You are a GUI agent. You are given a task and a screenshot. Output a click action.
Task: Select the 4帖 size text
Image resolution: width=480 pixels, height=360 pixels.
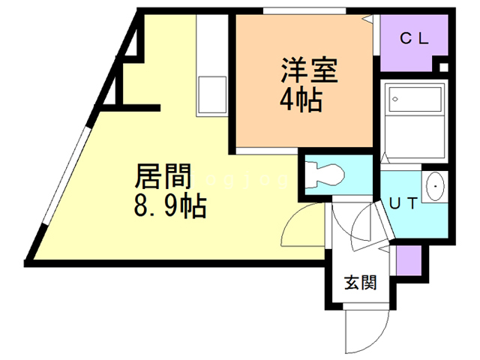(303, 100)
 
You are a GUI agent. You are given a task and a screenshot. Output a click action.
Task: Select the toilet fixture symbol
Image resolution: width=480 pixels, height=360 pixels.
(325, 175)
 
